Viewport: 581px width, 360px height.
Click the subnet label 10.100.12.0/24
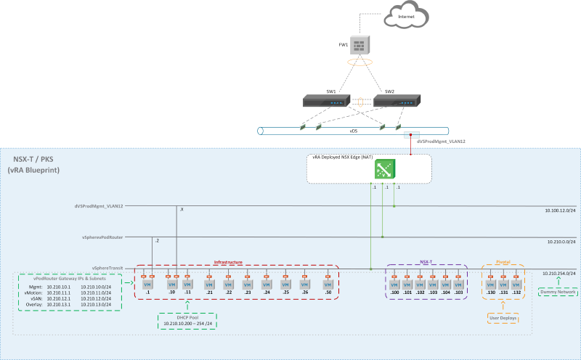pyautogui.click(x=560, y=210)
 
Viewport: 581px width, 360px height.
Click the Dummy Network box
pyautogui.click(x=557, y=292)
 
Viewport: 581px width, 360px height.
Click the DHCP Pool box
pyautogui.click(x=187, y=320)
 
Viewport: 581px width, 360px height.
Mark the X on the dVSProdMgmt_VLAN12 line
pyautogui.click(x=182, y=209)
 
